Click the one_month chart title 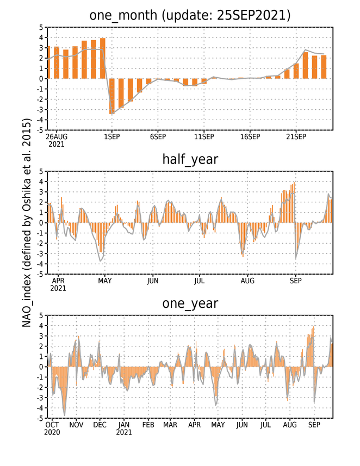(x=190, y=15)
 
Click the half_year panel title (x=190, y=160)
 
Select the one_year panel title (x=190, y=304)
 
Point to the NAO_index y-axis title (x=27, y=223)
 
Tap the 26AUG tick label (x=57, y=136)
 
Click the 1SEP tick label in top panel (x=112, y=136)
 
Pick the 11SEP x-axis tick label (x=204, y=136)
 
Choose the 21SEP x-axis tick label (x=296, y=136)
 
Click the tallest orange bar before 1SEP (x=103, y=58)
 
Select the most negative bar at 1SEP (x=112, y=96)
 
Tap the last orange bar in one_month (x=324, y=67)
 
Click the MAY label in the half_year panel (x=105, y=281)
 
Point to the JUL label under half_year (x=200, y=281)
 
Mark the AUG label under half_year (x=247, y=281)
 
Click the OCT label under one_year (x=52, y=425)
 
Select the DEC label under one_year (x=100, y=425)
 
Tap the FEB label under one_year (x=148, y=425)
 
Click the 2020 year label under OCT (x=52, y=432)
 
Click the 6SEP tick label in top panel (x=158, y=136)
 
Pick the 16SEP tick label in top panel (x=250, y=136)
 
